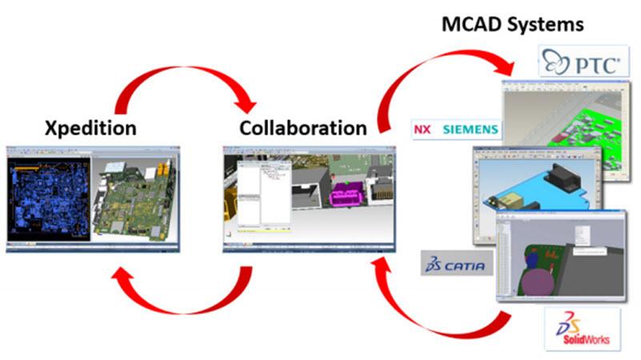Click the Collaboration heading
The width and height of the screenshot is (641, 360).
(303, 128)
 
